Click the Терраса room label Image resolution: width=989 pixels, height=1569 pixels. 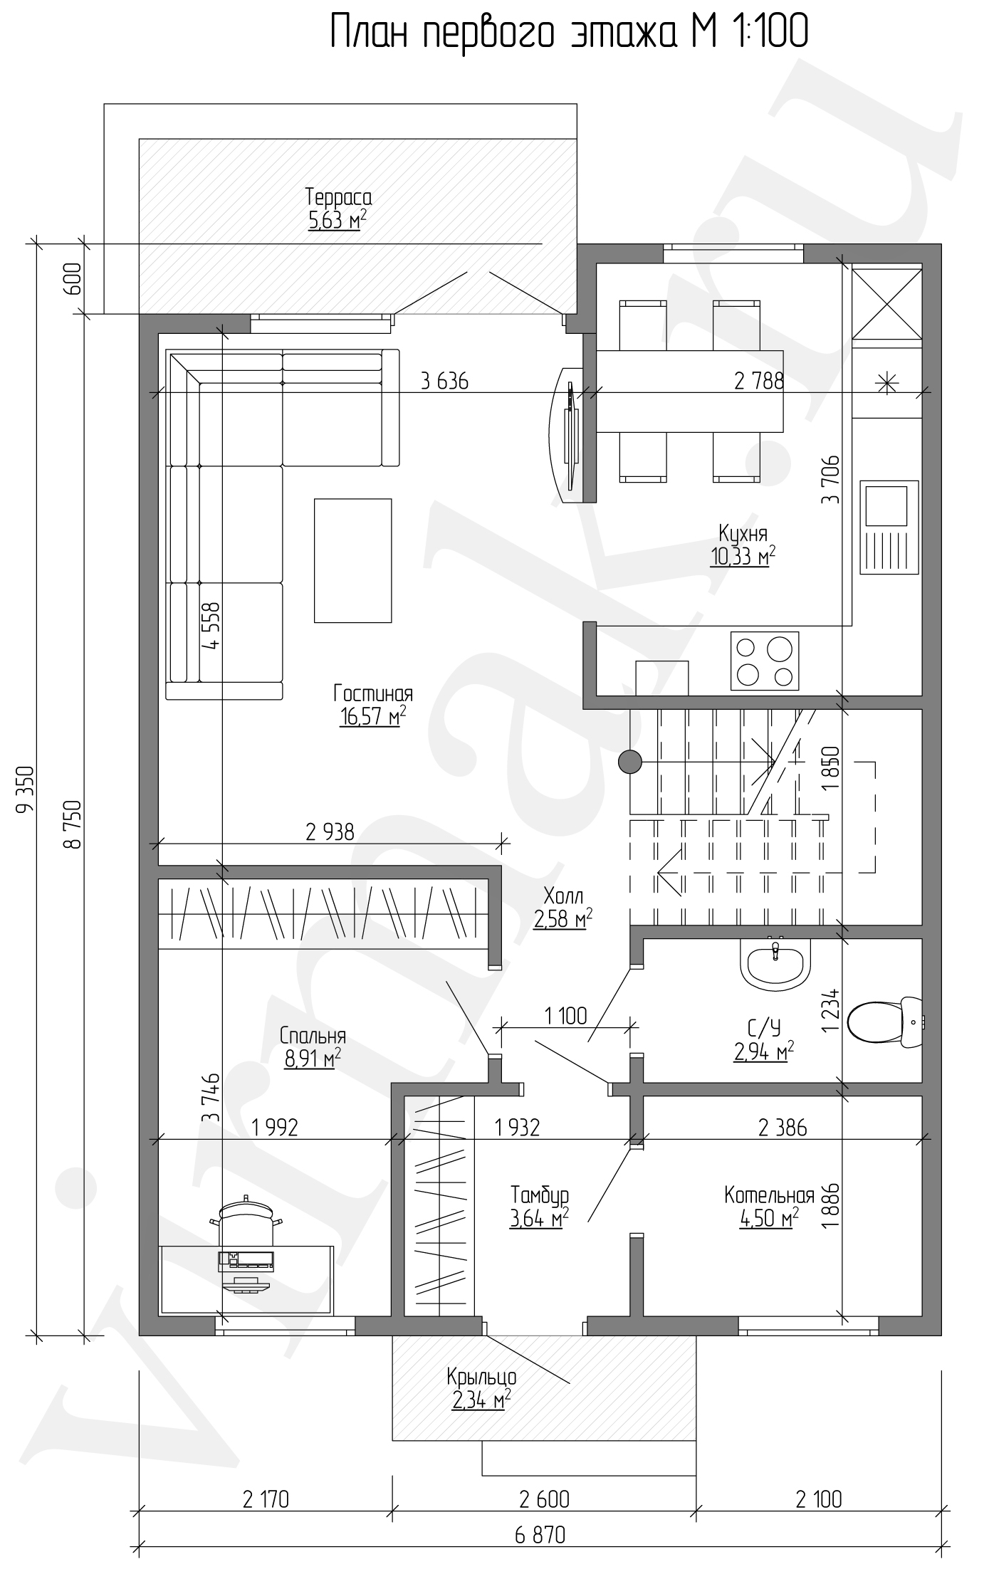(x=338, y=197)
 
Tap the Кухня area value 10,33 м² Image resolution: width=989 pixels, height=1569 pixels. (x=742, y=556)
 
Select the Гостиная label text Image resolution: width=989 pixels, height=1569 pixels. (x=373, y=693)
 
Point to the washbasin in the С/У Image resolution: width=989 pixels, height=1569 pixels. (x=775, y=962)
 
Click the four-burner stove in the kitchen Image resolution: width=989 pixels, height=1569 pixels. (x=765, y=661)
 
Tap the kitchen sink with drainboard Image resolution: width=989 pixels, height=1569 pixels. (x=889, y=527)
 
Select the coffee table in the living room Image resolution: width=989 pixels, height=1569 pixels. (x=353, y=560)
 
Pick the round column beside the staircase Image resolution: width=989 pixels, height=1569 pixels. (x=629, y=762)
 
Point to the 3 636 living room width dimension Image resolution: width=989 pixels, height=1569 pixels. (x=445, y=382)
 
